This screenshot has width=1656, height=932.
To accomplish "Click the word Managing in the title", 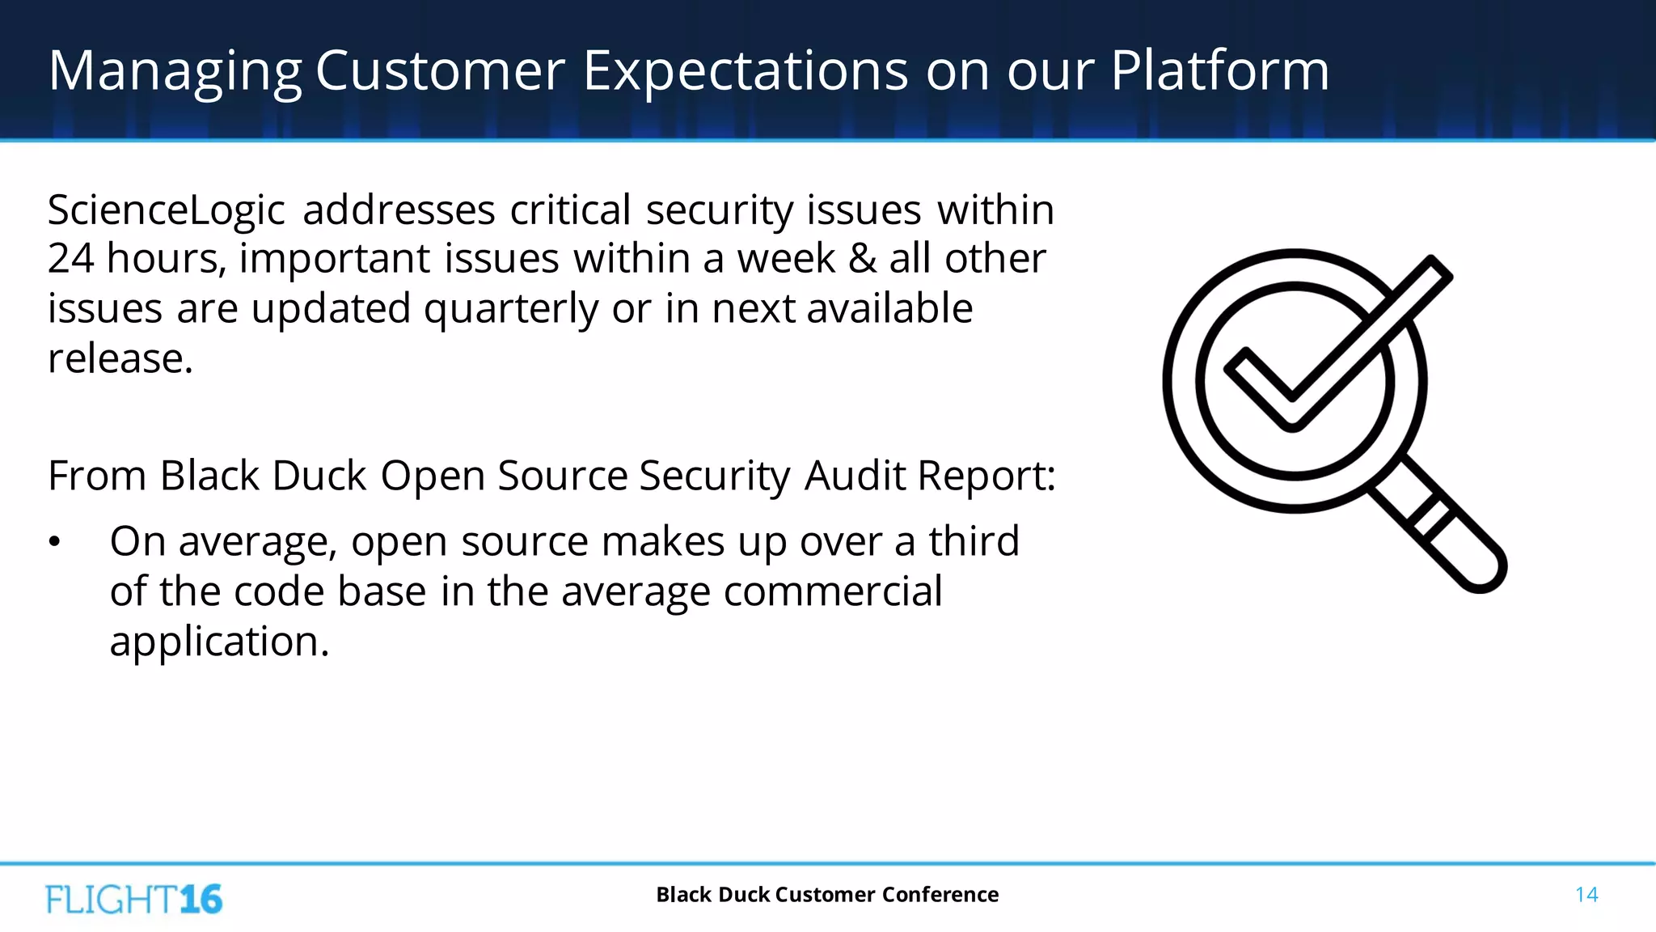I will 175,71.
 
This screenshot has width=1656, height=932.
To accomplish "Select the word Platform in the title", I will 1219,71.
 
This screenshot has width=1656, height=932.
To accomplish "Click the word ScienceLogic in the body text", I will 166,210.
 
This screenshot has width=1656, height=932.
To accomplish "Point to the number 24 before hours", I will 70,259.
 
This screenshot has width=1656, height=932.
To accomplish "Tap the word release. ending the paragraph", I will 120,358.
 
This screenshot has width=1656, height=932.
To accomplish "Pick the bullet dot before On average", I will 54,542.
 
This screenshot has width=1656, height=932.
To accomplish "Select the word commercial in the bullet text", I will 833,591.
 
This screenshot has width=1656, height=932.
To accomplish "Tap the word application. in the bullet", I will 219,642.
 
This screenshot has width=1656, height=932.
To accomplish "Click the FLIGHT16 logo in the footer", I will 134,899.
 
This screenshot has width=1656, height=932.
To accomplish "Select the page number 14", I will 1586,895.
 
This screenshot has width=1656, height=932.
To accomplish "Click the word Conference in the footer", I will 940,895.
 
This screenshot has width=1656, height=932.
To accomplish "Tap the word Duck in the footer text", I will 743,895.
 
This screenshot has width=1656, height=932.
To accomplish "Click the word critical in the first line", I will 570,210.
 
